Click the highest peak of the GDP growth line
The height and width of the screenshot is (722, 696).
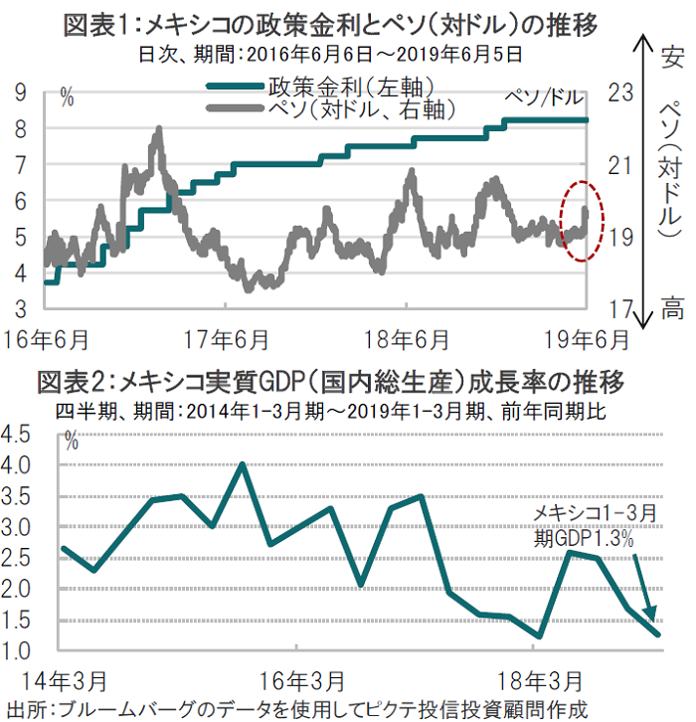tap(242, 463)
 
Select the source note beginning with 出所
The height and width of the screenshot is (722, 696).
tap(298, 708)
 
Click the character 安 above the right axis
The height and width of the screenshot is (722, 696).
tap(671, 55)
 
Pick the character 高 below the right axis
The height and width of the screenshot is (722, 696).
tap(673, 310)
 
